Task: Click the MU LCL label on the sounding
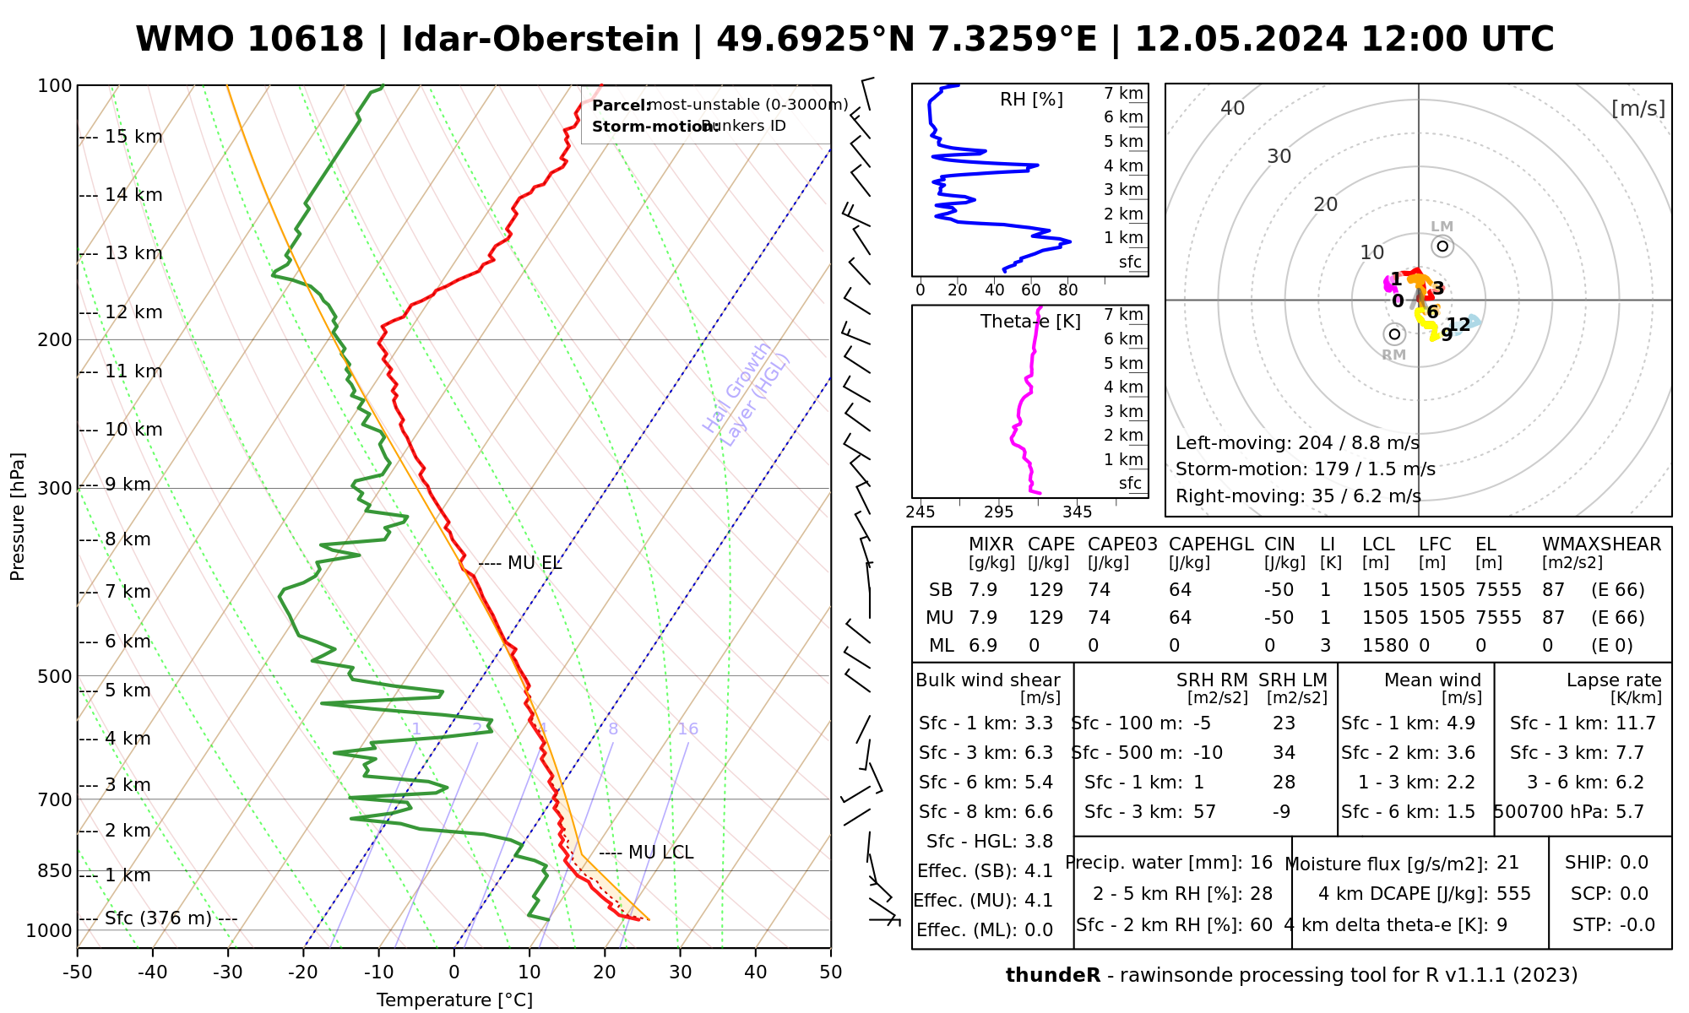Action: tap(660, 853)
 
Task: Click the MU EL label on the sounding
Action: tap(534, 563)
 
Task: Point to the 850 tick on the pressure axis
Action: tap(55, 870)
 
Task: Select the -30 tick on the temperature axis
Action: tap(228, 972)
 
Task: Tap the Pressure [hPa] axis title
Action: tap(18, 517)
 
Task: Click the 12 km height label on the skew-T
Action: tap(133, 312)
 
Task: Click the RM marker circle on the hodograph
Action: tap(1394, 334)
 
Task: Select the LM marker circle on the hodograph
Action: tap(1442, 246)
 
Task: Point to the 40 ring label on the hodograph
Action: tap(1233, 108)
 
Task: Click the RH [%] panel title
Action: tap(1031, 100)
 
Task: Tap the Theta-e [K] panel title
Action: tap(1030, 322)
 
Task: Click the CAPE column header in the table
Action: tap(1051, 544)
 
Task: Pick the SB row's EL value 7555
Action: tap(1498, 590)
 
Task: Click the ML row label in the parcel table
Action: tap(941, 646)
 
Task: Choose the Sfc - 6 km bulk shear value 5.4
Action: tap(1038, 783)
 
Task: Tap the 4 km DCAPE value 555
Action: tap(1513, 894)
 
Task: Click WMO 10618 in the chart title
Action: tap(250, 40)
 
